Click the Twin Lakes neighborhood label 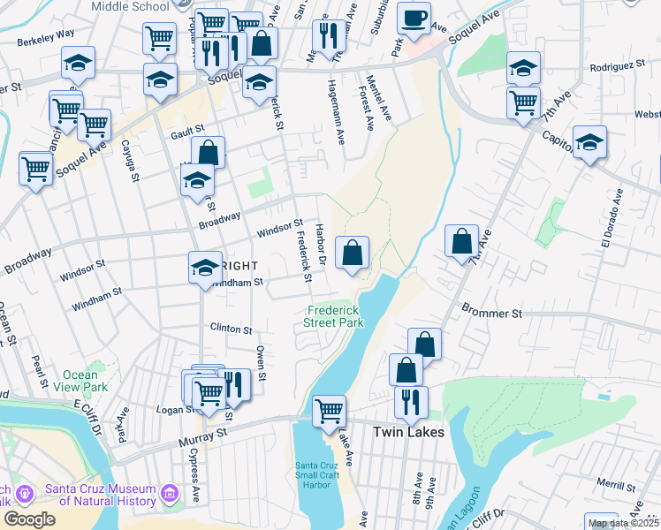click(x=407, y=432)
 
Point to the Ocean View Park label click(x=81, y=381)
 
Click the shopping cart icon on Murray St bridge click(x=329, y=410)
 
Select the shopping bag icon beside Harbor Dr click(x=352, y=253)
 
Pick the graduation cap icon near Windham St click(x=205, y=266)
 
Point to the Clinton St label click(x=231, y=328)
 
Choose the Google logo click(x=29, y=519)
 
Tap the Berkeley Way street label click(x=44, y=35)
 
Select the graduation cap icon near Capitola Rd click(x=589, y=142)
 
